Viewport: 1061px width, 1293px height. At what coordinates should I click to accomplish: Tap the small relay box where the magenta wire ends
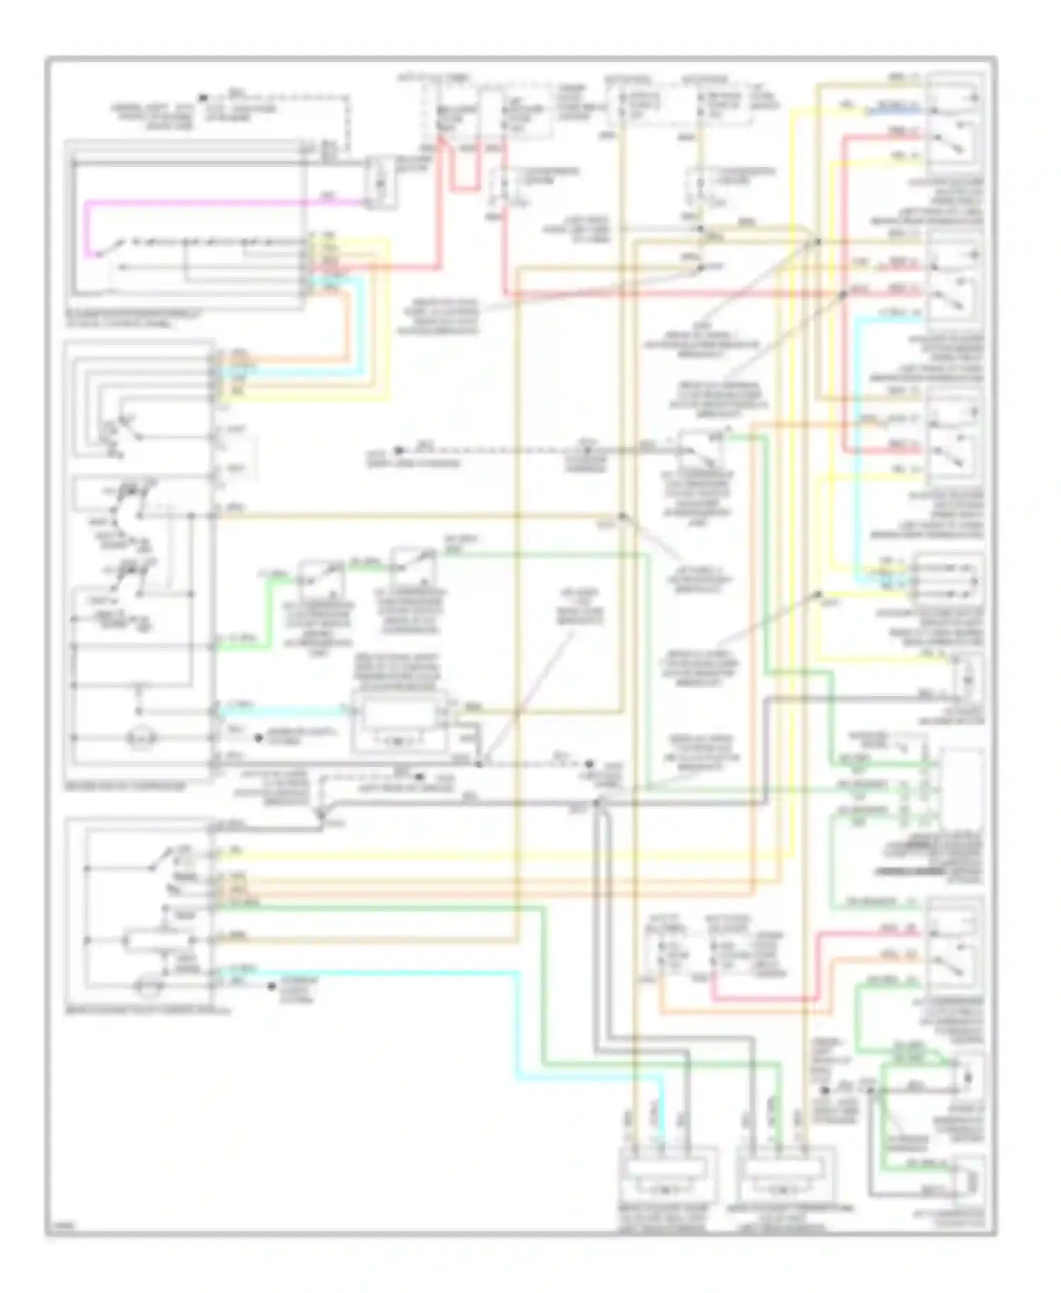click(x=380, y=183)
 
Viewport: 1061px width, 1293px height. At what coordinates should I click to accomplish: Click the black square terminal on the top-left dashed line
click(x=203, y=97)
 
